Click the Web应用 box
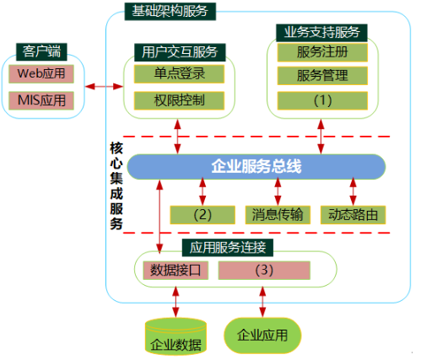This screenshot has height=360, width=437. [41, 74]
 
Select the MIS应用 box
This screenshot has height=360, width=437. [41, 100]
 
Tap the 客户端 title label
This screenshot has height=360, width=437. [41, 51]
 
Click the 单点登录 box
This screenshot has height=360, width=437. [179, 74]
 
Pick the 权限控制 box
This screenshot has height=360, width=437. [179, 100]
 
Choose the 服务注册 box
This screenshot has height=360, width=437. [322, 52]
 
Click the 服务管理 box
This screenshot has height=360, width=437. [322, 75]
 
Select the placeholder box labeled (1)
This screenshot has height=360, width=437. [322, 100]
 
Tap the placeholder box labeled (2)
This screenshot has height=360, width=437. [202, 215]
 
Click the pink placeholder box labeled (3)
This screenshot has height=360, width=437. [264, 271]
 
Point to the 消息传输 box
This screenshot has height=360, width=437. [278, 215]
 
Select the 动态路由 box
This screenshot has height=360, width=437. [353, 215]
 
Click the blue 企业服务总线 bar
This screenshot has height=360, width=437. [256, 167]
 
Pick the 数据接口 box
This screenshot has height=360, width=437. [175, 271]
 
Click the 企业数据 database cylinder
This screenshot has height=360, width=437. [175, 336]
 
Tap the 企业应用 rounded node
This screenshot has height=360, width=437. [262, 336]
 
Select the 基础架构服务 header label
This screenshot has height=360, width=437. [170, 12]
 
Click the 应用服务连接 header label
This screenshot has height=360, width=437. [228, 248]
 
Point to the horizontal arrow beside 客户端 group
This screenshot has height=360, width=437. [104, 86]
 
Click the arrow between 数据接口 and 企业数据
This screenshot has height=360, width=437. [175, 302]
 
